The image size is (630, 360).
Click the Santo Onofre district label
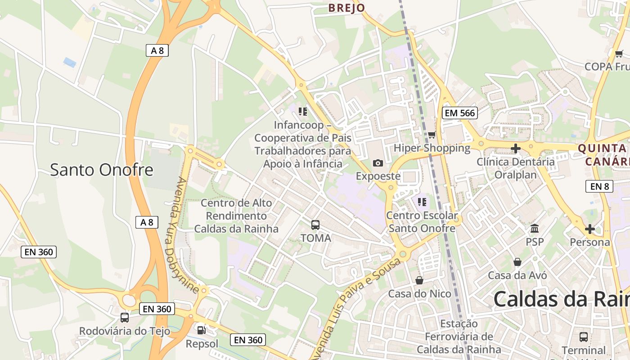101,170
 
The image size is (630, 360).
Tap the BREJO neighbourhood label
346,8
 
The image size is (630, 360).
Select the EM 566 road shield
460,113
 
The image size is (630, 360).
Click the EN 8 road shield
599,186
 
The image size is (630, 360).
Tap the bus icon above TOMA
315,225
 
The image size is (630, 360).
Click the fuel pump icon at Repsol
202,331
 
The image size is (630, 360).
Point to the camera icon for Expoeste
378,163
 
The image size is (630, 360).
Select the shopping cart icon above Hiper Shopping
432,135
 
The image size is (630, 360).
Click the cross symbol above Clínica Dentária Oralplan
516,148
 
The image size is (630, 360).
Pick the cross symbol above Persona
589,229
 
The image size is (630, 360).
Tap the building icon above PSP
535,229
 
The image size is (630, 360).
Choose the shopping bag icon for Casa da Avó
517,262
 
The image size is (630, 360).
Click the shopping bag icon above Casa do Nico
419,280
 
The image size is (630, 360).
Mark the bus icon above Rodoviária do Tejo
125,318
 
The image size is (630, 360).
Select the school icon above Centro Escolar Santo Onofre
422,202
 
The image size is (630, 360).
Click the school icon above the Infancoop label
303,111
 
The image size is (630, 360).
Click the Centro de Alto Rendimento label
236,216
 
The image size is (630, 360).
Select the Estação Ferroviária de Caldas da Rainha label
459,336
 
